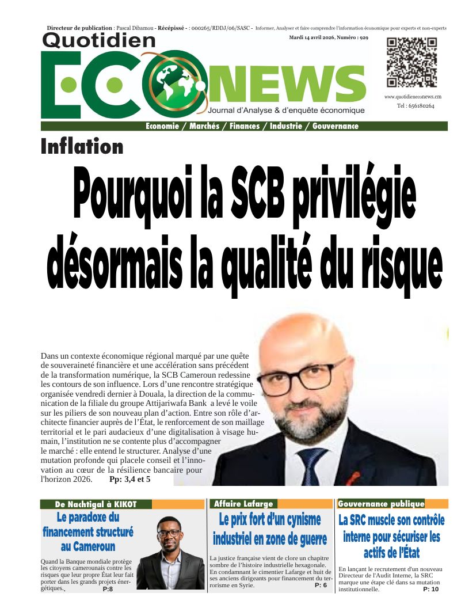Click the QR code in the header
coord(411,62)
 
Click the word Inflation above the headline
coord(82,147)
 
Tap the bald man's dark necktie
coord(311,464)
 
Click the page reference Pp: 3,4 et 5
coord(129,478)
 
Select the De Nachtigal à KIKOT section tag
coord(96,504)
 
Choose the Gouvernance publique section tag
coord(381,504)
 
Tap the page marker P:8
coord(108,589)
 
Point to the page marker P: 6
coord(321,585)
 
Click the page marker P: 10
coord(430,589)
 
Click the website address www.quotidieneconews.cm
coord(413,97)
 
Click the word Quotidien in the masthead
coord(99,40)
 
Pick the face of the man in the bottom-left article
coord(169,533)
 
